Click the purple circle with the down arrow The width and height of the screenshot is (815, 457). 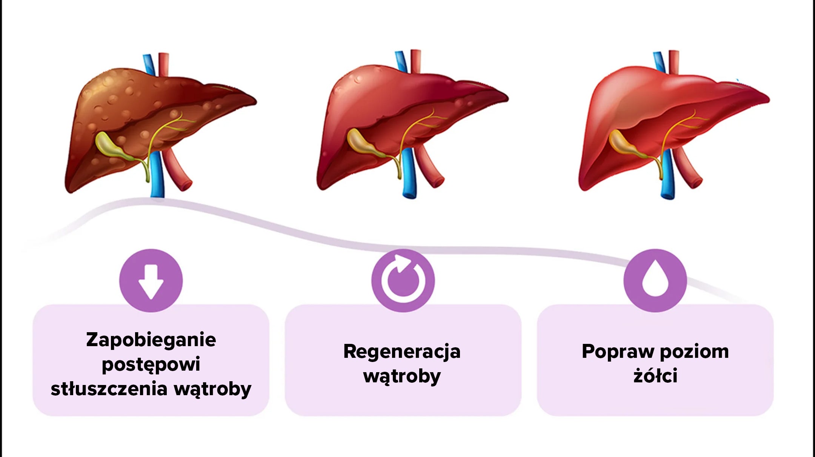pos(151,281)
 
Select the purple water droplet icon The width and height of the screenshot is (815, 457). pos(655,281)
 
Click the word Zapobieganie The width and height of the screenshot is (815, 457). pos(151,340)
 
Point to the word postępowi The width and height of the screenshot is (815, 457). pos(151,365)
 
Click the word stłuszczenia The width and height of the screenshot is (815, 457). pos(109,389)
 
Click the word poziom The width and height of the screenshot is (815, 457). pos(695,351)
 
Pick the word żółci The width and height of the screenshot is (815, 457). pos(655,376)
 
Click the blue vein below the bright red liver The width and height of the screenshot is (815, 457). pos(668,173)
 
